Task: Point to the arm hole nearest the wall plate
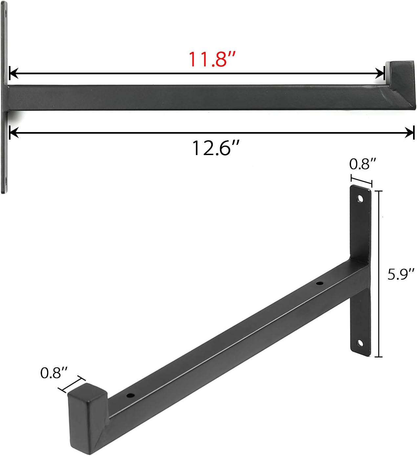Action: pyautogui.click(x=318, y=283)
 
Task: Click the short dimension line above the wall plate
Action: pyautogui.click(x=362, y=181)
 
